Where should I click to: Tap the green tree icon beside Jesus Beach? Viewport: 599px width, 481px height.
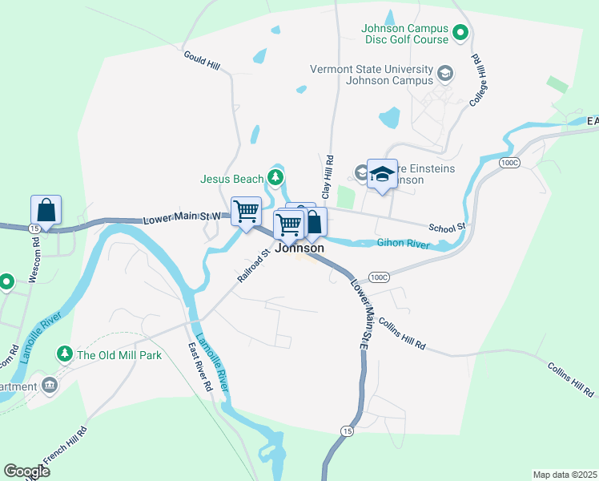tap(275, 176)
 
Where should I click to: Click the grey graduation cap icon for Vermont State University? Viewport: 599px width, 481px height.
tap(444, 75)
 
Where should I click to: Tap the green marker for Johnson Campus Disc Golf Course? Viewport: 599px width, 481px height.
tap(460, 33)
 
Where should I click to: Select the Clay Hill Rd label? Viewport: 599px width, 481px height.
tap(328, 177)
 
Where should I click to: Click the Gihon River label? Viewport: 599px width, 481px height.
tap(403, 243)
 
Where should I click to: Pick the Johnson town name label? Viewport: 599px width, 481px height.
tap(299, 249)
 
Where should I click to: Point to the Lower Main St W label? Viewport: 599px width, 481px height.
tap(181, 218)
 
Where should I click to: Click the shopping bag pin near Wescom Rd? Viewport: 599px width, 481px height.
tap(46, 212)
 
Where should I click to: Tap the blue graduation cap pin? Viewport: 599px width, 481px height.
tap(382, 174)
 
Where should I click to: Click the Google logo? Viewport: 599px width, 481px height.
tap(26, 471)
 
